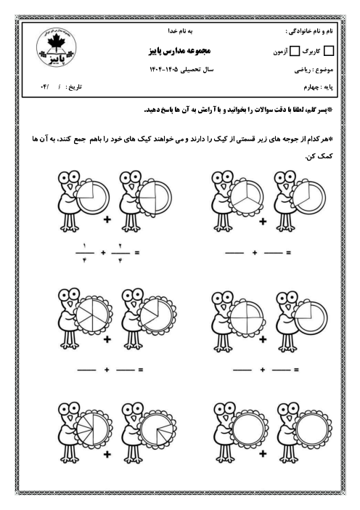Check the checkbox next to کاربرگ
pyautogui.click(x=330, y=52)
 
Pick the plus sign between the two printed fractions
pyautogui.click(x=102, y=253)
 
